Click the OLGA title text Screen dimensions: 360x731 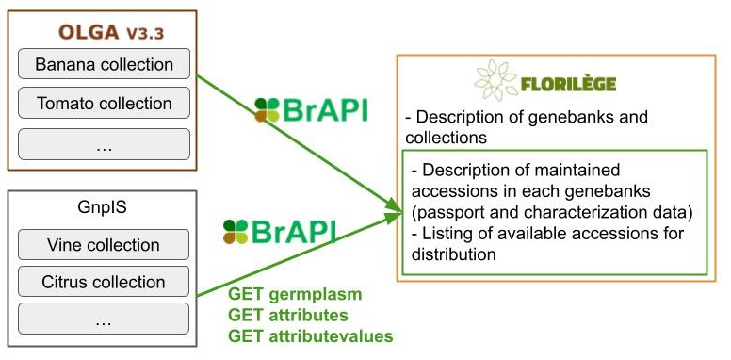coord(89,33)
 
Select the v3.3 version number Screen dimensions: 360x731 coord(145,34)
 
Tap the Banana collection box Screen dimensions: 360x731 coord(104,65)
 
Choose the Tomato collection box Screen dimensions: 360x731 coord(104,104)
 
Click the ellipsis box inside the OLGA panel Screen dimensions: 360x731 coord(104,143)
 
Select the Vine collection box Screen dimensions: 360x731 coord(104,245)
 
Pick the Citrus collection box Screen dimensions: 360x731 coord(104,282)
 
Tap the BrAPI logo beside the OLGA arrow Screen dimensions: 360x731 coord(310,110)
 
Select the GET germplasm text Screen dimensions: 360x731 coord(295,294)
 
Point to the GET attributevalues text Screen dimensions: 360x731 coord(310,335)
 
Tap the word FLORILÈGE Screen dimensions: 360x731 coord(568,84)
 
